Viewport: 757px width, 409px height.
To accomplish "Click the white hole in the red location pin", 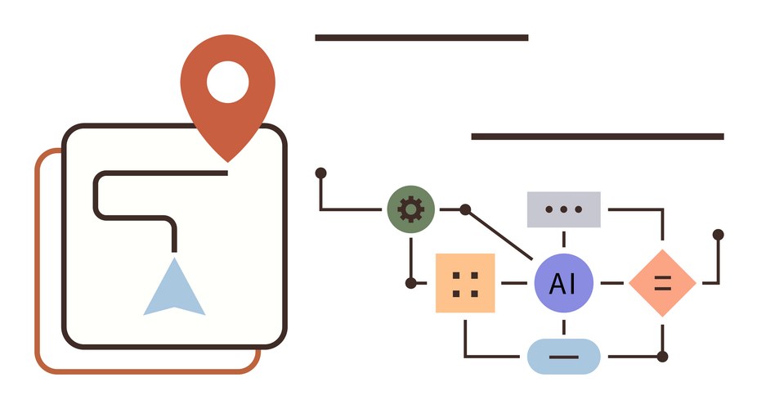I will (227, 82).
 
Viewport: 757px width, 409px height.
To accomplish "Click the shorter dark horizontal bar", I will (421, 38).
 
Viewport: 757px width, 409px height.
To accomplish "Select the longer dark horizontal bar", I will (597, 137).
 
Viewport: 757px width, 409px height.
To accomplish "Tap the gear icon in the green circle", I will (410, 209).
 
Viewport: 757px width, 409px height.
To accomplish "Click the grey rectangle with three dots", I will (563, 209).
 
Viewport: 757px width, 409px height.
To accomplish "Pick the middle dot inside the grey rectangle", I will (563, 209).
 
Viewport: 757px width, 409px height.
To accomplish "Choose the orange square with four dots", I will (465, 283).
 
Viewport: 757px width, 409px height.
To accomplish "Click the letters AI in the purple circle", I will (563, 283).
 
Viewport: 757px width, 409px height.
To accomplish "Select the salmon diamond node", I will (662, 283).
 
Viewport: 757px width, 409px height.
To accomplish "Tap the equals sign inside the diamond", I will (662, 283).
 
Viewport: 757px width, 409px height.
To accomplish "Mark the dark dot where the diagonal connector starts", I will (465, 210).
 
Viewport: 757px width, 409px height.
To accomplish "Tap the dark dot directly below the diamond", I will (662, 357).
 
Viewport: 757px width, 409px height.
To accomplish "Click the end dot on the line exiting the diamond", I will (718, 235).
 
